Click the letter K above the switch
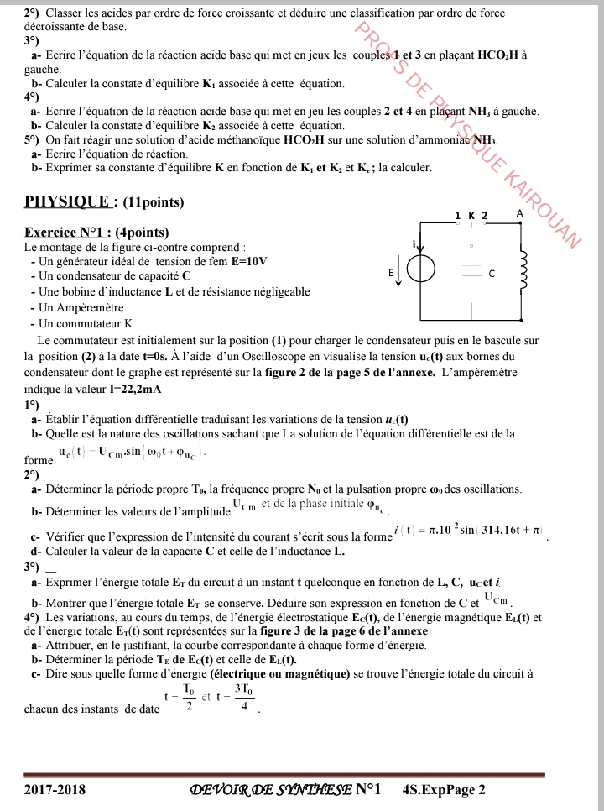(x=471, y=216)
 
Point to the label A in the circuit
(x=519, y=214)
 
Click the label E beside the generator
(x=390, y=274)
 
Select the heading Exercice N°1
(x=74, y=233)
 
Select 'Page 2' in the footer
(x=466, y=789)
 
